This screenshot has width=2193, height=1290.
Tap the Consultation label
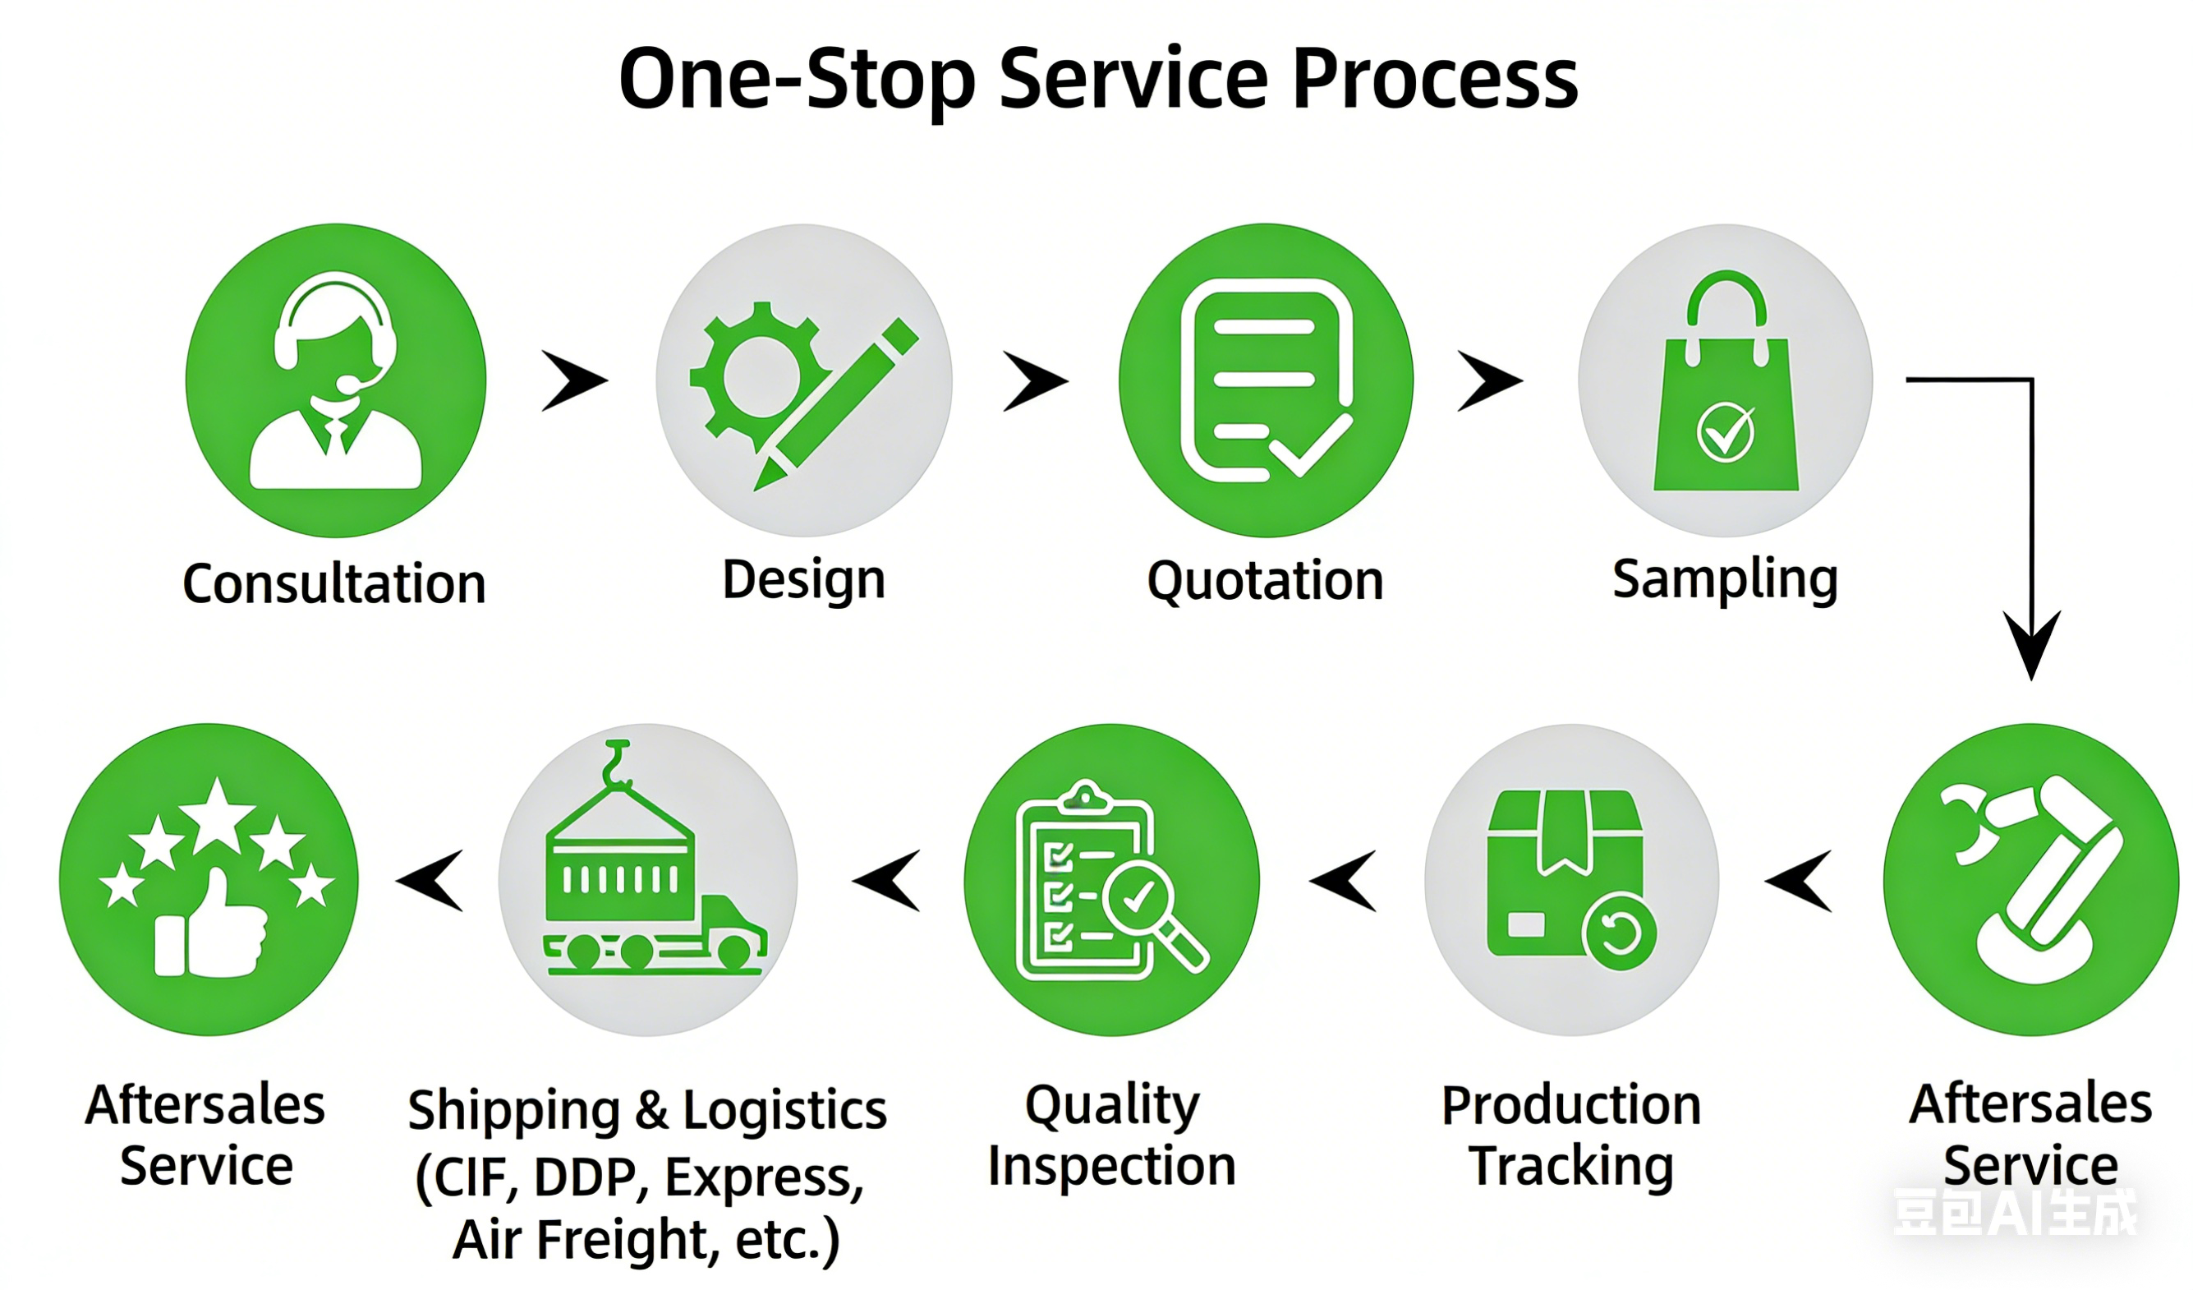[x=334, y=583]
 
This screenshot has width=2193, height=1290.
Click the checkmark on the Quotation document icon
[x=1310, y=445]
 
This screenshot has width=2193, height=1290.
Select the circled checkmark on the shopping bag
[x=1725, y=431]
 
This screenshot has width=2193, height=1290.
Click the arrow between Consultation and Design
[x=573, y=380]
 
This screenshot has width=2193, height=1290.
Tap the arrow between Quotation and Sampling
[x=1489, y=380]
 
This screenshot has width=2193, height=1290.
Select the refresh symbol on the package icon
[x=1620, y=933]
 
